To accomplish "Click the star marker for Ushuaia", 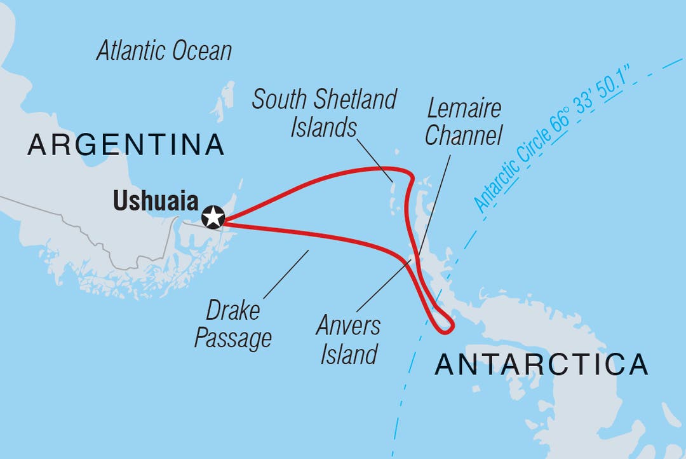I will [213, 217].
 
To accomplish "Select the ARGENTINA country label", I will [126, 146].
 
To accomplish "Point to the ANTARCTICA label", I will [542, 365].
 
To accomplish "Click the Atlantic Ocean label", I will [164, 51].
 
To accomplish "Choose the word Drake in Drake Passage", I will [232, 312].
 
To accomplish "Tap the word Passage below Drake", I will [232, 338].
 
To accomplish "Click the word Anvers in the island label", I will [349, 326].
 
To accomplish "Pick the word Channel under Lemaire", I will [464, 135].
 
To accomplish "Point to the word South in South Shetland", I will [282, 100].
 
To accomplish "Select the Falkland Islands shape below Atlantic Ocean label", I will [223, 102].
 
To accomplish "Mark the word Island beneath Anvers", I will [349, 353].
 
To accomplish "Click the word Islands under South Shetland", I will [323, 127].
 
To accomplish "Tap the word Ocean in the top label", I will [203, 51].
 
